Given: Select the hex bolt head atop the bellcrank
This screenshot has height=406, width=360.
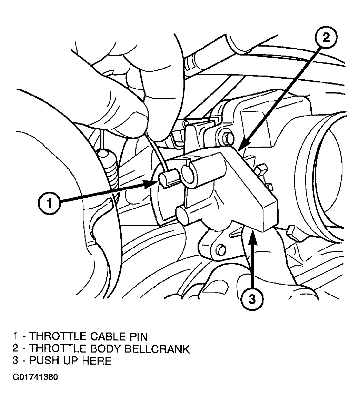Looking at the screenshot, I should coord(227,138).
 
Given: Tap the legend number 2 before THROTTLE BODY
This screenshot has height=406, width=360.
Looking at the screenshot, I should coord(16,349).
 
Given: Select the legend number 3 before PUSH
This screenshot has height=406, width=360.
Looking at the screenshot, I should coord(16,361).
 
